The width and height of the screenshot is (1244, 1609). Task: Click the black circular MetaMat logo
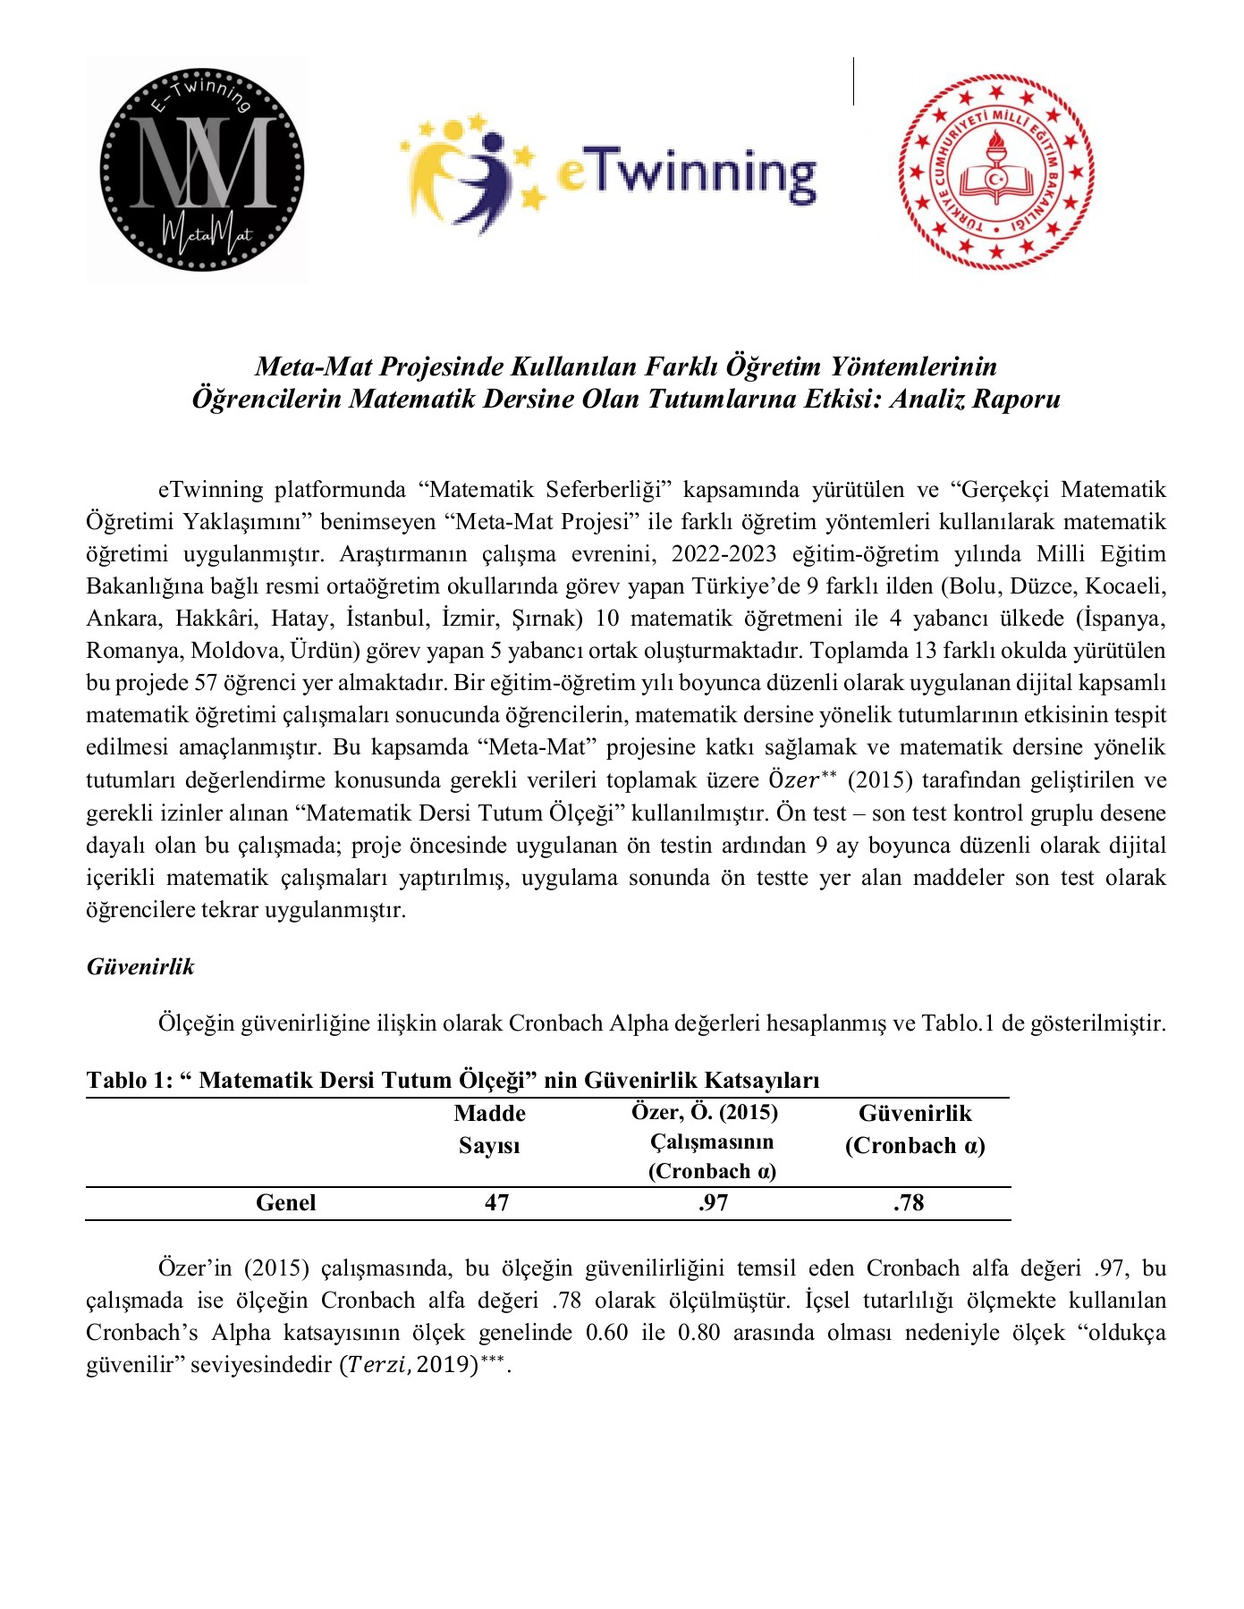[201, 169]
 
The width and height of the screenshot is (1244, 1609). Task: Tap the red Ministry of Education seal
[995, 172]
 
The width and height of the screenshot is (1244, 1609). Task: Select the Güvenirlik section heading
[140, 966]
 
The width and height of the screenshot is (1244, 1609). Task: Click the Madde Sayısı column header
[489, 1129]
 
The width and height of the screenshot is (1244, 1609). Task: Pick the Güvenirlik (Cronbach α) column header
[914, 1129]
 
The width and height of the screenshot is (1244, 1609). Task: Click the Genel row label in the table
[285, 1203]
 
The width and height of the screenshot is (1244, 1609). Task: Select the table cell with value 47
[496, 1203]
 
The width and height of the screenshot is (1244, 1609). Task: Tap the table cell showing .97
[713, 1203]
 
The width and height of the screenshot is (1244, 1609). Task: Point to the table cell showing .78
[908, 1203]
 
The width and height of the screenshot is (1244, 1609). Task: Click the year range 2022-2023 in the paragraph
[724, 554]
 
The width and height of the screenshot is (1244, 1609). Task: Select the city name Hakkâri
[215, 619]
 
